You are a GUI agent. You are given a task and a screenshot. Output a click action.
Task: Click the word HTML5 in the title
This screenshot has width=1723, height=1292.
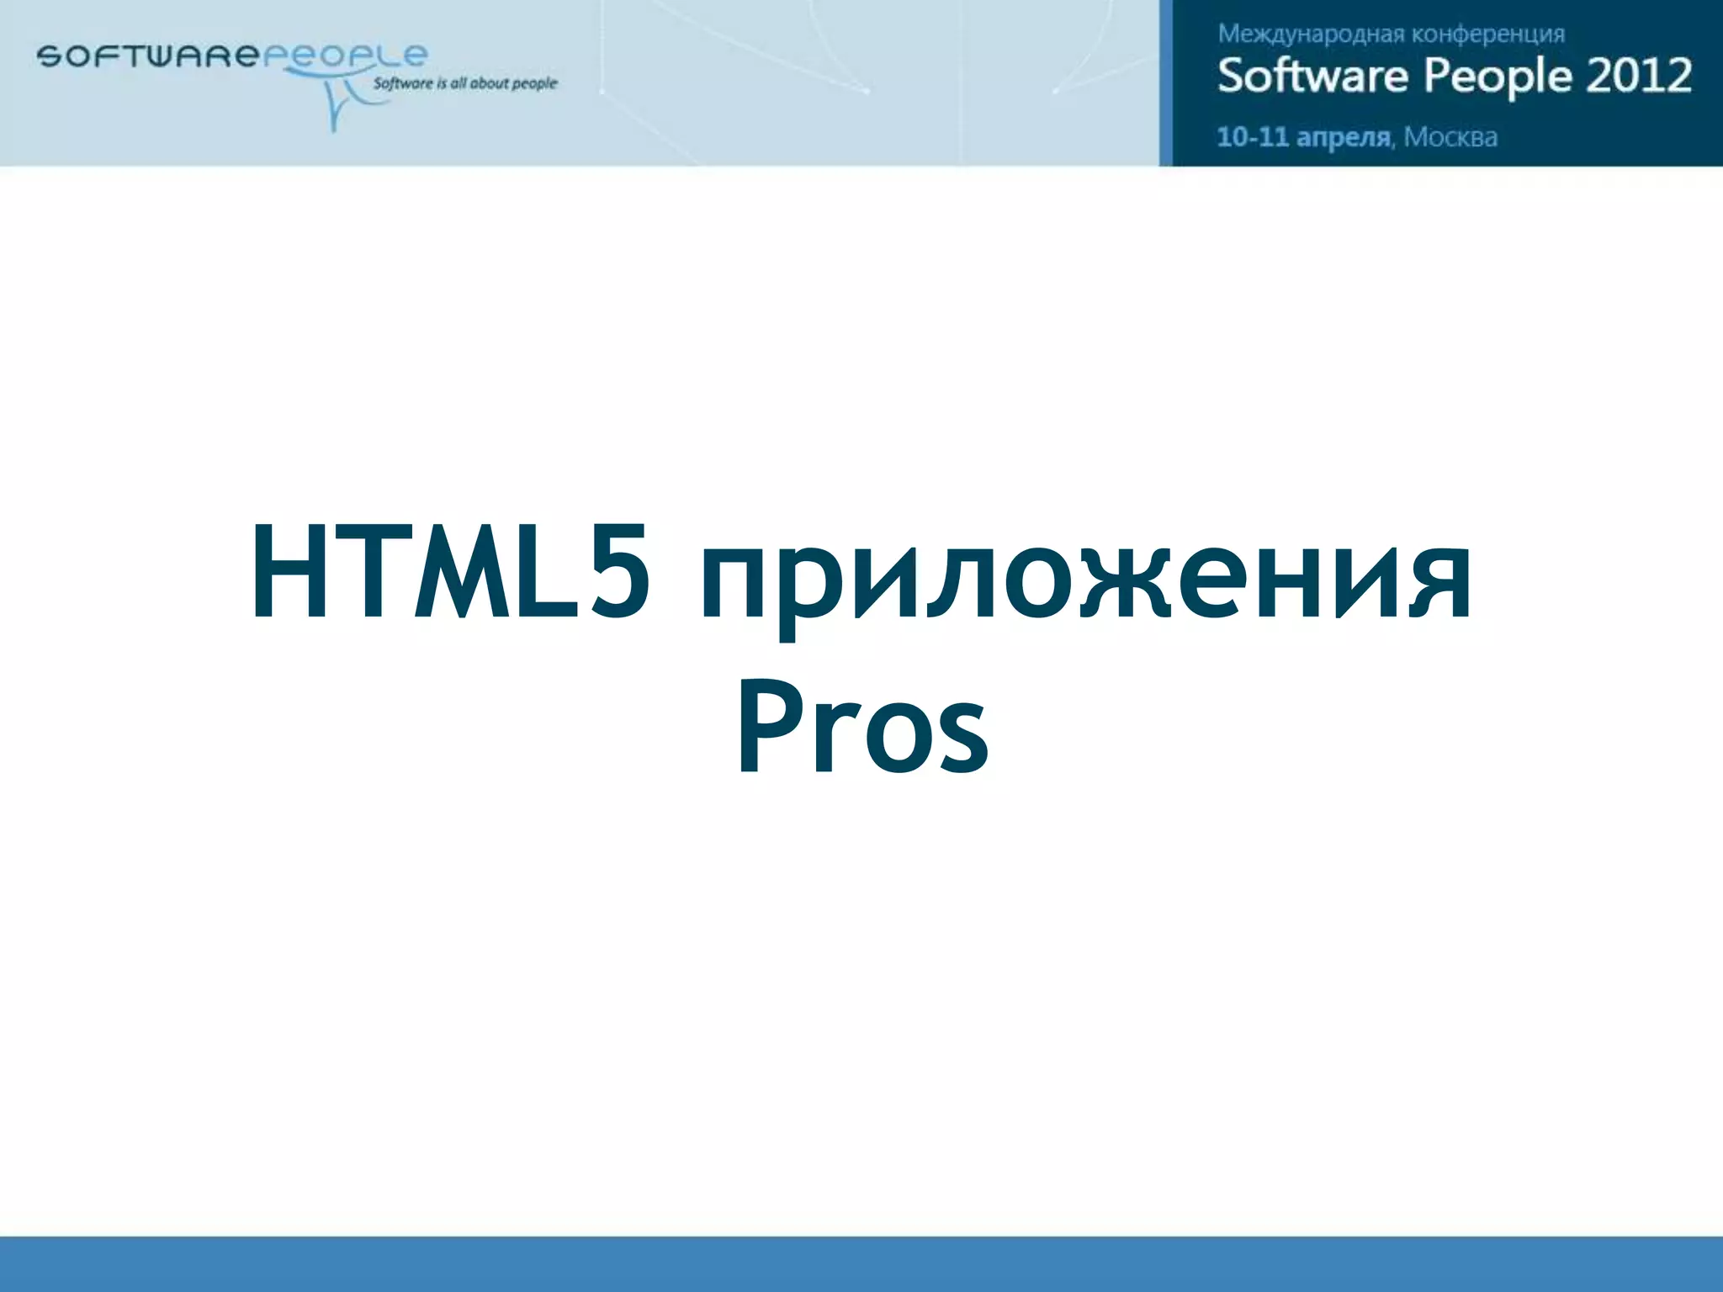[450, 572]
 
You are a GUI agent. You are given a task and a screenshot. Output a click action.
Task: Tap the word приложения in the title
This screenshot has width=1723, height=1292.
[1085, 580]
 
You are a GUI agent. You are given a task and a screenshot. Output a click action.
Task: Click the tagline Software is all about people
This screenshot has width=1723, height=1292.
[464, 83]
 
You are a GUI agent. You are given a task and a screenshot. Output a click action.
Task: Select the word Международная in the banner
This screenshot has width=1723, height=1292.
[1310, 34]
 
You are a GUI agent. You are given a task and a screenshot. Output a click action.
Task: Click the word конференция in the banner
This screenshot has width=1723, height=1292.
[1487, 34]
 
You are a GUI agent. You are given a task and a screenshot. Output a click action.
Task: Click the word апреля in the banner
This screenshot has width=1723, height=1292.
[1344, 137]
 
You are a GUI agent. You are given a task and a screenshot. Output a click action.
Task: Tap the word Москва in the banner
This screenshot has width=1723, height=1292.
[1450, 136]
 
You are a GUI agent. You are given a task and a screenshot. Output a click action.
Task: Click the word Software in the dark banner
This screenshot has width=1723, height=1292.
[1312, 76]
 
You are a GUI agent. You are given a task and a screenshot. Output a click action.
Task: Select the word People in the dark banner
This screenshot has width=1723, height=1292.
[1498, 76]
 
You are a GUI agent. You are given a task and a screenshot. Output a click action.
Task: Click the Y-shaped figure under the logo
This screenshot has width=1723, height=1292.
[337, 105]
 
